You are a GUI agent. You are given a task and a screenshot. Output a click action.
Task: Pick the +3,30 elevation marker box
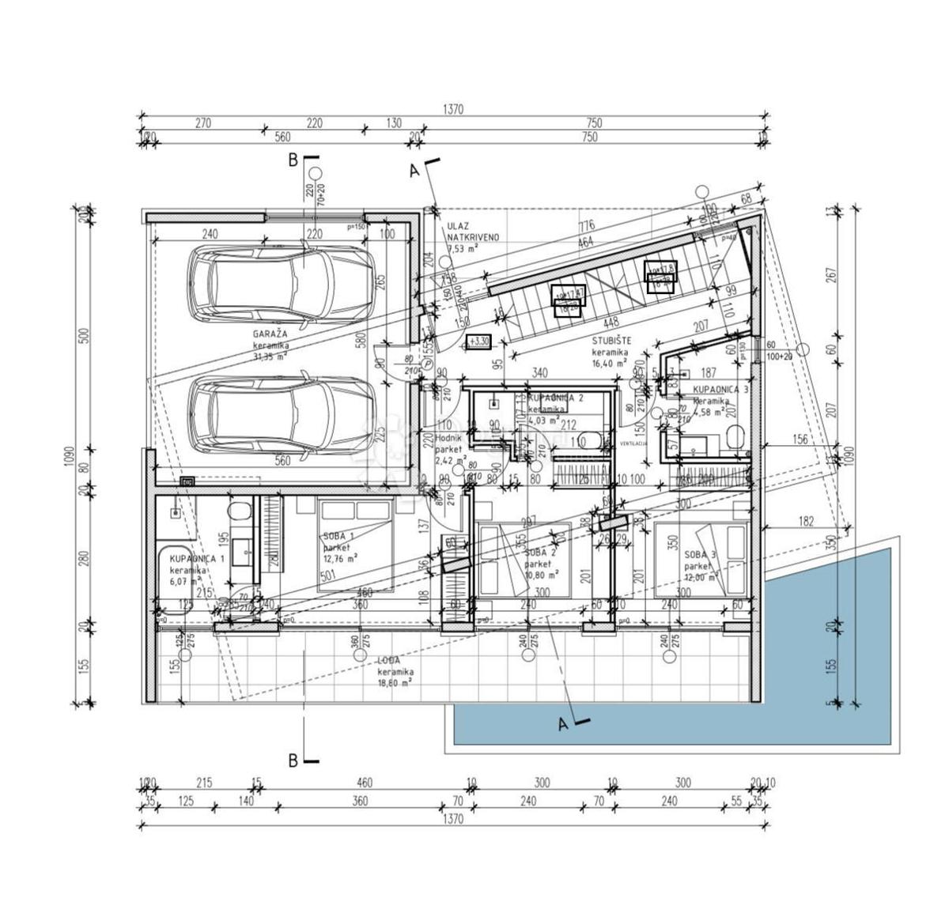(479, 342)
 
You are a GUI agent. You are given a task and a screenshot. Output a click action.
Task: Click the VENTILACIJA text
(634, 443)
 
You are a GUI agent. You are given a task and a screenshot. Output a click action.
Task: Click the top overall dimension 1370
(452, 109)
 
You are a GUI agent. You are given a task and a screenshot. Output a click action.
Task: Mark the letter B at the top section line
(293, 160)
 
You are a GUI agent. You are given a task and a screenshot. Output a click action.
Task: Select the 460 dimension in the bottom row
(365, 783)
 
